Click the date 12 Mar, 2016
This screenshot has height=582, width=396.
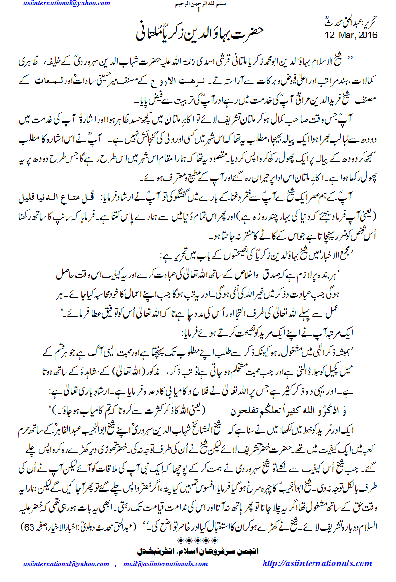pyautogui.click(x=350, y=35)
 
